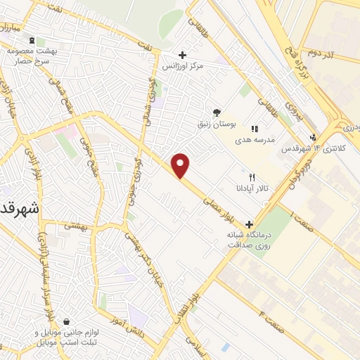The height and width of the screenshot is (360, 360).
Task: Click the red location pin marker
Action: [x=181, y=165]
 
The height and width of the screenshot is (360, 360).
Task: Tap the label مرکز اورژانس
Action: [x=182, y=66]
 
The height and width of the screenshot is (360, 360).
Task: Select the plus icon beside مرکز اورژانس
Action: [x=182, y=55]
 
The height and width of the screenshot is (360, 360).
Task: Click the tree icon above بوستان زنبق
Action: [x=217, y=112]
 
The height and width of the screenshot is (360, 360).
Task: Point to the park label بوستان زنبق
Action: [x=216, y=124]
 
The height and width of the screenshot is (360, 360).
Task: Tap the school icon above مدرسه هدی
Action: [x=254, y=129]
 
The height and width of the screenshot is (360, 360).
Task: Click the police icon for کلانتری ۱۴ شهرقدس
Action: [x=313, y=138]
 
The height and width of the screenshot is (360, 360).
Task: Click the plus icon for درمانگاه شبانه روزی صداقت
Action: [x=248, y=223]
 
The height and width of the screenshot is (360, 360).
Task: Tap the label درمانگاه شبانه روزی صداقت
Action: [x=247, y=239]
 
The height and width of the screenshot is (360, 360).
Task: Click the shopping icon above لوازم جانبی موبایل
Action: [x=66, y=321]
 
